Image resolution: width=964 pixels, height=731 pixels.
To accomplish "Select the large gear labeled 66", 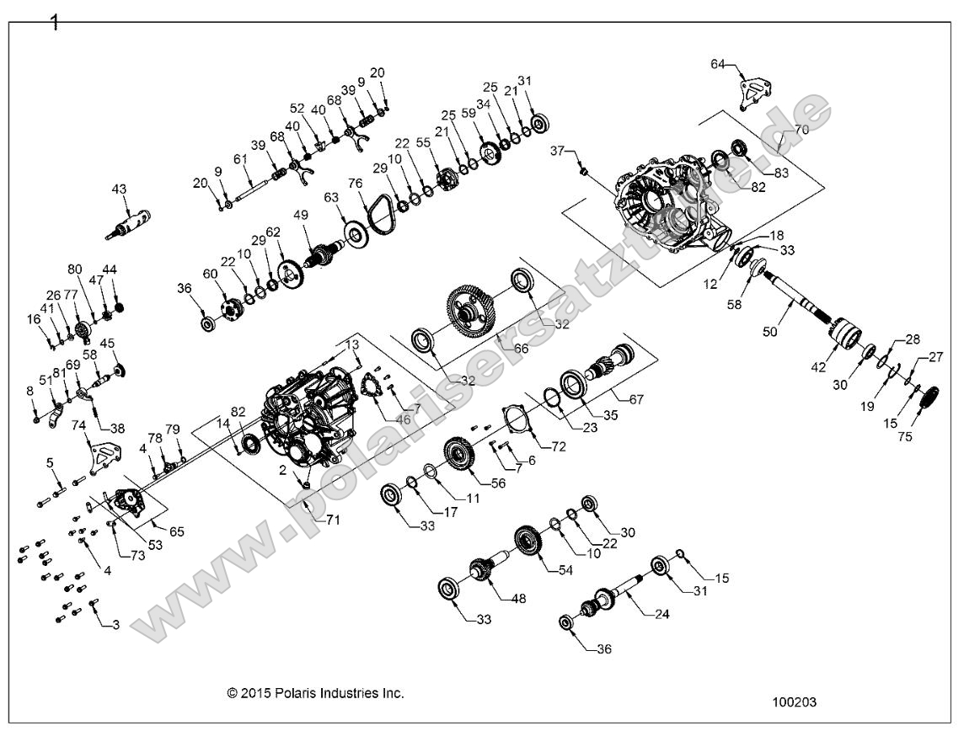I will click(472, 310).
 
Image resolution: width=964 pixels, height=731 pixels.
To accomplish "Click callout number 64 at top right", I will click(718, 64).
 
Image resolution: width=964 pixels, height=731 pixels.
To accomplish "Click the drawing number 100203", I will click(793, 701).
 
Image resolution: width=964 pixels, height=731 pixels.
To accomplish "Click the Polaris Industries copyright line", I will click(315, 693).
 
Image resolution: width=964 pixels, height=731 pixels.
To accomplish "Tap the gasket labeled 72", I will click(513, 419).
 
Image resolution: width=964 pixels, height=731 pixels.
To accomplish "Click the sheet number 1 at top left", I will click(56, 23).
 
